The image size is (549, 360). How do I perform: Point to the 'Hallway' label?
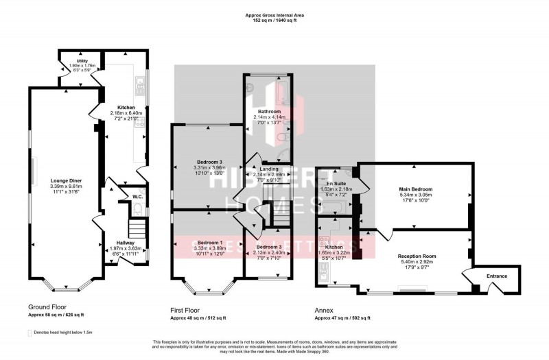click(x=126, y=243)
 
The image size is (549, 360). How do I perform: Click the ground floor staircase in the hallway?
click(x=138, y=228)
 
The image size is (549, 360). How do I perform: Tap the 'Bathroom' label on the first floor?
click(x=269, y=111)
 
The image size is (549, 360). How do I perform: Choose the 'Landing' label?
click(x=269, y=169)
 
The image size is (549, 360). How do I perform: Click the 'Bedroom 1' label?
click(x=209, y=243)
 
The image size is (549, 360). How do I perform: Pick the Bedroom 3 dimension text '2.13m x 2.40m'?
click(x=269, y=253)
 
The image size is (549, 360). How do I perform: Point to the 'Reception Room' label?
click(x=417, y=256)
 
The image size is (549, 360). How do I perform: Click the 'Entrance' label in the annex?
click(x=496, y=276)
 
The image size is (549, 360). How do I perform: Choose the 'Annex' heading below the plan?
click(x=324, y=309)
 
